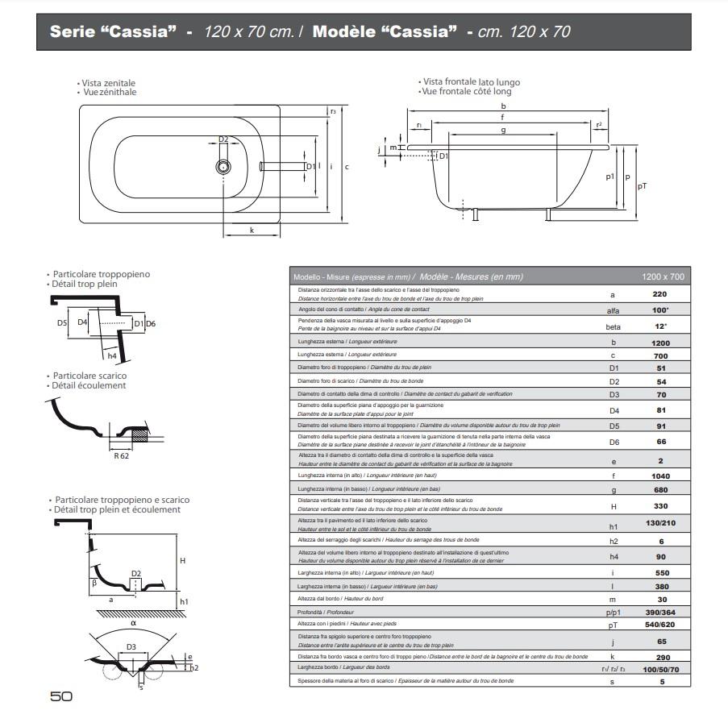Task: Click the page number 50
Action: click(x=61, y=696)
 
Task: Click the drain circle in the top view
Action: click(x=223, y=167)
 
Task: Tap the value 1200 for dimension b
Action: click(x=659, y=343)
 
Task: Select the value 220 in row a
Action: click(x=659, y=294)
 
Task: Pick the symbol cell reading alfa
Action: click(x=613, y=310)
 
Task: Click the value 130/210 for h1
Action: click(x=659, y=524)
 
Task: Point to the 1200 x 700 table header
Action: click(x=663, y=276)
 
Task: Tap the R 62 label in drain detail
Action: click(x=122, y=455)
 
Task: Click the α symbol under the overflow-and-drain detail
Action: click(x=134, y=622)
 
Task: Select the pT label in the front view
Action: click(x=642, y=185)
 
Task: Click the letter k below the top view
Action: click(x=252, y=231)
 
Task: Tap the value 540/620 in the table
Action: click(x=659, y=624)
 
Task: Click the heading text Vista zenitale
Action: click(x=109, y=83)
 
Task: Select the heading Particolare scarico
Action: click(x=89, y=376)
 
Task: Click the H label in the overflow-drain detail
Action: click(x=183, y=561)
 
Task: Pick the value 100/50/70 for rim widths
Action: click(x=659, y=669)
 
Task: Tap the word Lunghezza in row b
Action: click(x=311, y=342)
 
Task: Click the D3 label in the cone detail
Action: click(x=131, y=646)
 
